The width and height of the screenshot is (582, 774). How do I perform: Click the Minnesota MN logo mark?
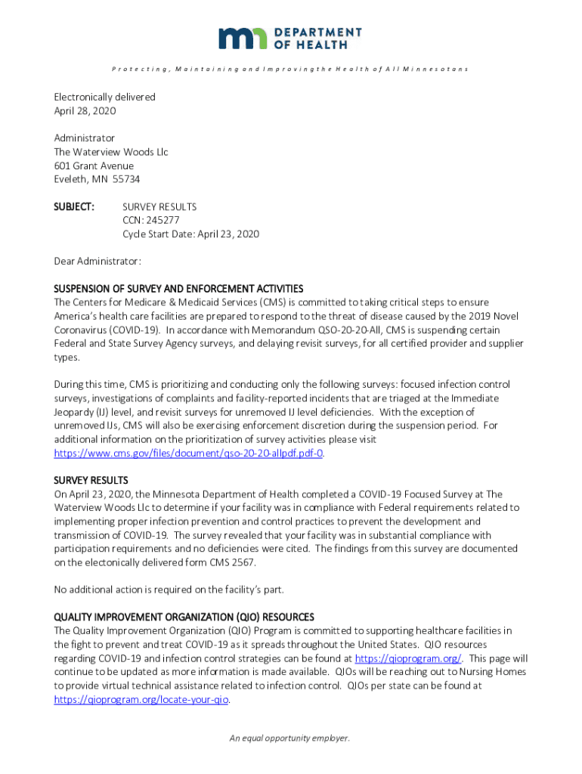(243, 38)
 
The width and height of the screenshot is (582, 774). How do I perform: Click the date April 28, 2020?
(85, 110)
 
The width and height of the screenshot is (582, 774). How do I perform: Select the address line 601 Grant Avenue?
(94, 166)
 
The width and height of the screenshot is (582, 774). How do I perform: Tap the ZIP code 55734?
(126, 179)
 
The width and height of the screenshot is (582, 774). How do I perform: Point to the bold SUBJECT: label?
(73, 206)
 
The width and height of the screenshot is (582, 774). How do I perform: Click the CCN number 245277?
(161, 220)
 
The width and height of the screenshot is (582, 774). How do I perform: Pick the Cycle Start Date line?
(190, 234)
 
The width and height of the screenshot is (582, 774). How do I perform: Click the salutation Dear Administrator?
(98, 261)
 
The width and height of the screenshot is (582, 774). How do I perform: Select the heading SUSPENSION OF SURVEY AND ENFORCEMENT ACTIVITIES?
(178, 289)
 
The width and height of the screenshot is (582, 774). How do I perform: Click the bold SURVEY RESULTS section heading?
(91, 480)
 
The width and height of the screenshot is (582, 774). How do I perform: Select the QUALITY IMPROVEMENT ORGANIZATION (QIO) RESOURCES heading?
(184, 617)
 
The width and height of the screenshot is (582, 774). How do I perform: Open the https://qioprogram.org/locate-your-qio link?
(141, 699)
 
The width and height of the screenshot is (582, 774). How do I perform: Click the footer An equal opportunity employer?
(290, 738)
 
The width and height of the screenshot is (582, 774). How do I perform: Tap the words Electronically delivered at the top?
(104, 97)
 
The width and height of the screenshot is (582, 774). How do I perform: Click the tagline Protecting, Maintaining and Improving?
(290, 69)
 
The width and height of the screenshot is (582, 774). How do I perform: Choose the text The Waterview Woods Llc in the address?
(110, 152)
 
